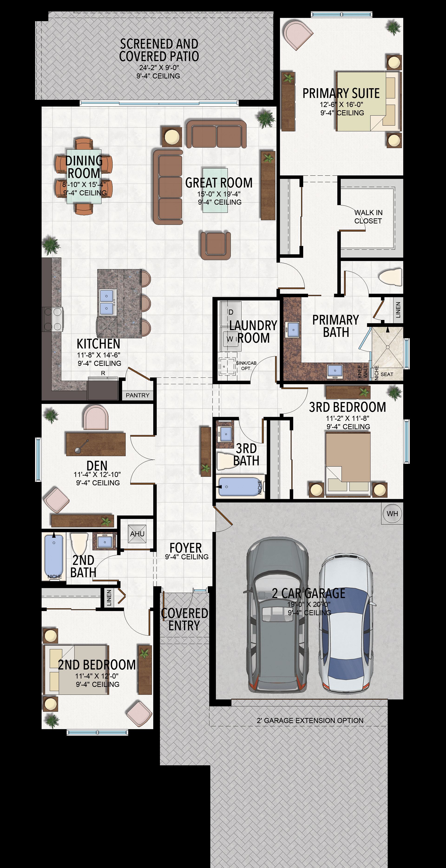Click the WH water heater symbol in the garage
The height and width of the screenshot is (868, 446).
[x=392, y=514]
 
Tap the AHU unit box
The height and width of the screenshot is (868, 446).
[x=137, y=534]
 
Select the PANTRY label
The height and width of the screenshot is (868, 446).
[x=138, y=395]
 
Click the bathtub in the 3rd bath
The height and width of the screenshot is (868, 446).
[x=240, y=487]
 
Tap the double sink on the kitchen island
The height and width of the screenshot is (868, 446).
[x=107, y=302]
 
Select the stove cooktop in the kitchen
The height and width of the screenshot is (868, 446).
[x=52, y=319]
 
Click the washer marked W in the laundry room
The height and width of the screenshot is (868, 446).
[x=230, y=339]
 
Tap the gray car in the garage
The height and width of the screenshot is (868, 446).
[x=277, y=615]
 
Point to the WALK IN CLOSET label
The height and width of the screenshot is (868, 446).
[x=368, y=217]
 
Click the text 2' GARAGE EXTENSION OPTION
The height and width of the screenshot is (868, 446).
[x=310, y=720]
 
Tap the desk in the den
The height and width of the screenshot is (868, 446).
[x=96, y=444]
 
